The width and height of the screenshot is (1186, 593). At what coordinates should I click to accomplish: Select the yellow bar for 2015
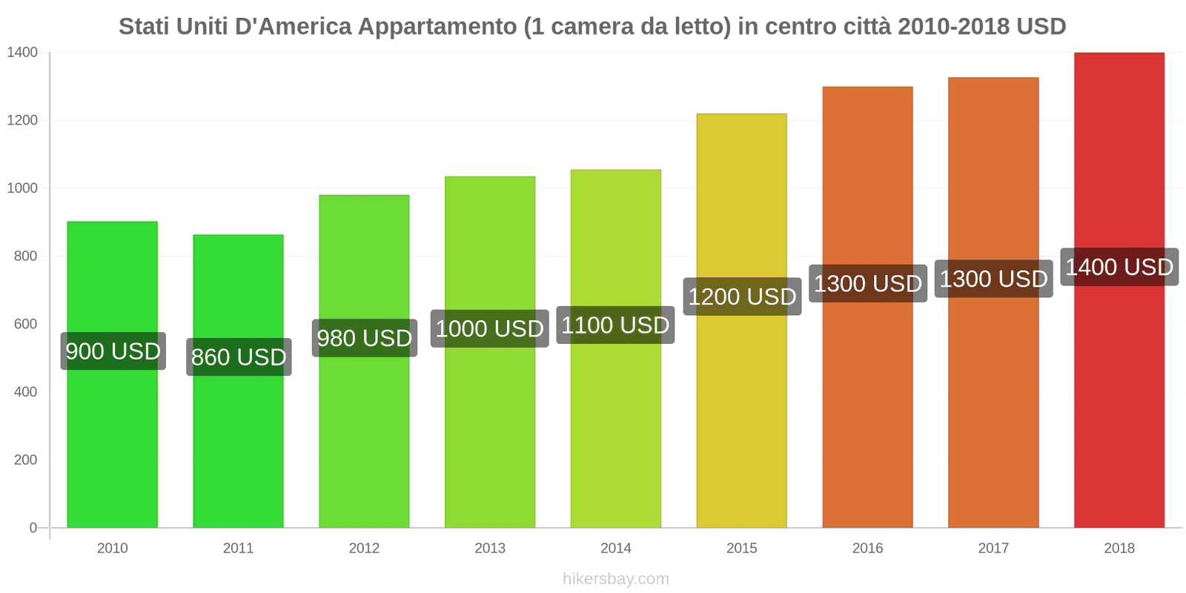[741, 415]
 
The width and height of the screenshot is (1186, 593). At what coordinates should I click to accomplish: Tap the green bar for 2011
[238, 445]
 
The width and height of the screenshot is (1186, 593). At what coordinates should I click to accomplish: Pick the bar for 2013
[489, 430]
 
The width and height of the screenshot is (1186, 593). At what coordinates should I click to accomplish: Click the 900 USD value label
[113, 351]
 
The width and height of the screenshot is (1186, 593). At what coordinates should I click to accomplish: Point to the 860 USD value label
[239, 357]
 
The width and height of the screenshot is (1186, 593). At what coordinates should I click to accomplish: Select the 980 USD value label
[364, 338]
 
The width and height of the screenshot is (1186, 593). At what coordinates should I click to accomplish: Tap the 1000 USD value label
[489, 328]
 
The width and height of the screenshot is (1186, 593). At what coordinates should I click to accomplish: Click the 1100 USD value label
[615, 325]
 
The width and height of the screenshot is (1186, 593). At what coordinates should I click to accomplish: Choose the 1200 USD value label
[742, 296]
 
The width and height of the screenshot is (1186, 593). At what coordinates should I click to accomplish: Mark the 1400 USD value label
[1119, 267]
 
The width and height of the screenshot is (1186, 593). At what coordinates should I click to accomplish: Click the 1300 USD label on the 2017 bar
[993, 279]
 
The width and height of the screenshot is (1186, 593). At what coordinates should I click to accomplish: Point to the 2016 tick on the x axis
[867, 548]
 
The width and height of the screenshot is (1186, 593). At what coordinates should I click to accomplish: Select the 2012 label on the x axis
[364, 548]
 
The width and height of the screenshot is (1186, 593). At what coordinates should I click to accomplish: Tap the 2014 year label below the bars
[615, 548]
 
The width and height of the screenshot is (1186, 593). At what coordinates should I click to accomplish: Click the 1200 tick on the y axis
[22, 120]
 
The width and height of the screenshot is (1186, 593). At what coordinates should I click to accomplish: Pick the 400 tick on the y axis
[25, 391]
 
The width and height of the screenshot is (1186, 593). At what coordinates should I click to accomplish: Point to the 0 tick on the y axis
[33, 528]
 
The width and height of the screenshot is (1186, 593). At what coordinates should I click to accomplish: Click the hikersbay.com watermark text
[615, 579]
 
